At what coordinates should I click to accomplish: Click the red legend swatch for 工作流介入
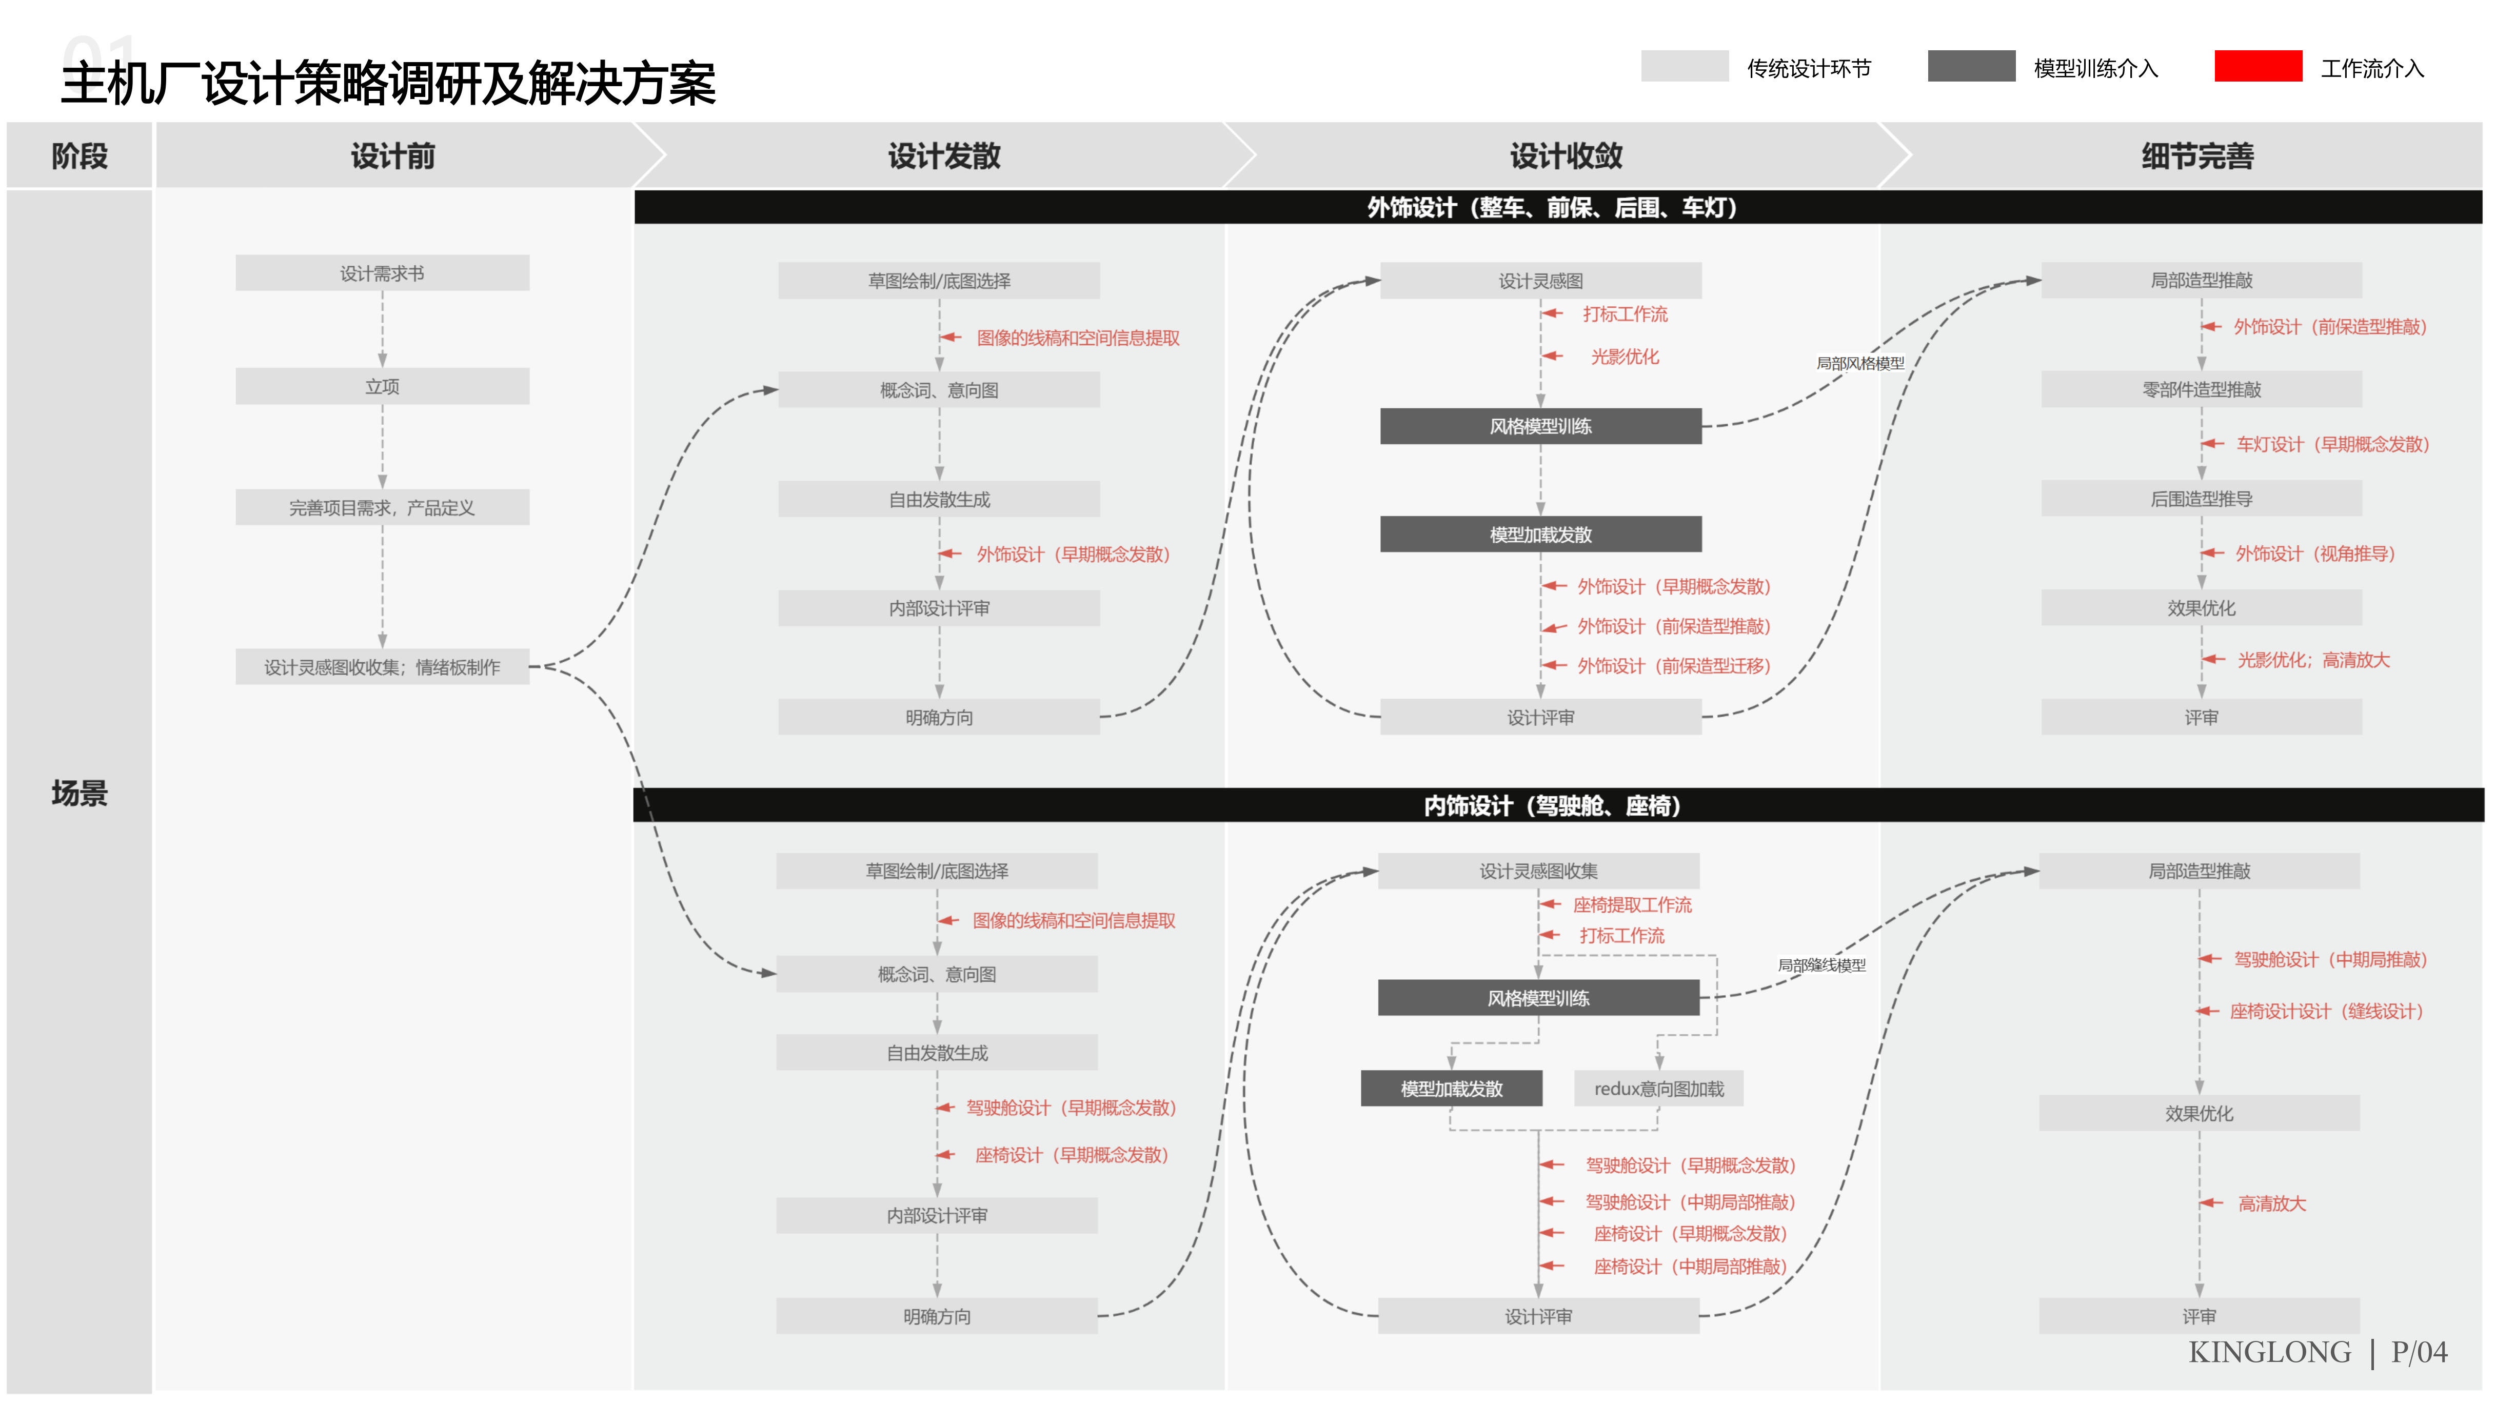pyautogui.click(x=2258, y=66)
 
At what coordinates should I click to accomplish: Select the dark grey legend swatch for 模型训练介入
pyautogui.click(x=1971, y=66)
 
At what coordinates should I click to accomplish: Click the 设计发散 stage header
pyautogui.click(x=944, y=155)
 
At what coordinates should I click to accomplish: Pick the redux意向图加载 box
pyautogui.click(x=1658, y=1088)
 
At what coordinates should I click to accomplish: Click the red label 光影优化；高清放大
pyautogui.click(x=2313, y=660)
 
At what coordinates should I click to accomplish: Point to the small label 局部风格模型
pyautogui.click(x=1859, y=363)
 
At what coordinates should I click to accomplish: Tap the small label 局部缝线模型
pyautogui.click(x=1821, y=965)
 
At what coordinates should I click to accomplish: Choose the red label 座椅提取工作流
pyautogui.click(x=1632, y=904)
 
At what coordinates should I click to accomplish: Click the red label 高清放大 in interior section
pyautogui.click(x=2271, y=1203)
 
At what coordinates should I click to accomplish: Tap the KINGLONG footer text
pyautogui.click(x=2269, y=1352)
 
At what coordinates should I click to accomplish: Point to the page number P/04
pyautogui.click(x=2419, y=1352)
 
